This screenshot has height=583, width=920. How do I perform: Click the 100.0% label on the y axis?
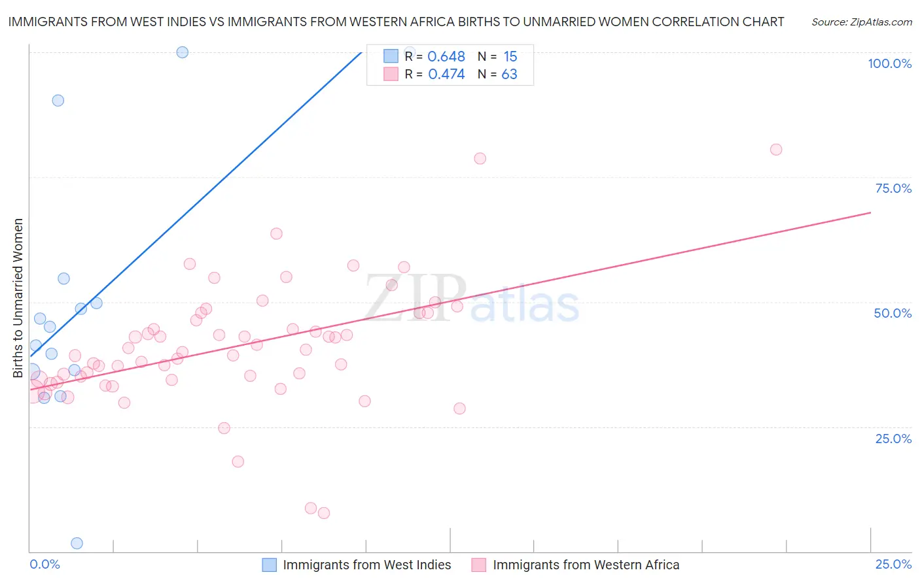click(889, 63)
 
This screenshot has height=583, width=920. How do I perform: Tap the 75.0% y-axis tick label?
click(893, 188)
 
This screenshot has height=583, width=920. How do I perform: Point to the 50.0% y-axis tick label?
click(893, 313)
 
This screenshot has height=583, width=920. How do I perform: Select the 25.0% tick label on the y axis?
click(893, 439)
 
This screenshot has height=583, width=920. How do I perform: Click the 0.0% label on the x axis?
click(44, 564)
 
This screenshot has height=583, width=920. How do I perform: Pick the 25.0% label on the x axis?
click(893, 564)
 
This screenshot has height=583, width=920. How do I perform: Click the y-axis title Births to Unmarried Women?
click(18, 298)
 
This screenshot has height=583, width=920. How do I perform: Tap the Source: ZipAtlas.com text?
click(861, 22)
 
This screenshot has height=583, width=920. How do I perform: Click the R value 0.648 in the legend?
click(446, 57)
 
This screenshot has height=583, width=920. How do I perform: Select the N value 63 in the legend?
click(509, 75)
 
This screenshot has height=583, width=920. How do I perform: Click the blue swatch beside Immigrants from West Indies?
click(269, 565)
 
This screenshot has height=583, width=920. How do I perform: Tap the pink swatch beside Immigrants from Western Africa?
click(479, 565)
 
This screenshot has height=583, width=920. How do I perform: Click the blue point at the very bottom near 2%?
click(77, 543)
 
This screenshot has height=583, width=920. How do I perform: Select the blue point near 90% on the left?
click(58, 101)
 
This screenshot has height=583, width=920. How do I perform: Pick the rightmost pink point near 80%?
click(776, 150)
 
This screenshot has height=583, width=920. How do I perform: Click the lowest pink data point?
click(323, 513)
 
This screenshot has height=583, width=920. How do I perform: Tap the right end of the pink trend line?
click(870, 212)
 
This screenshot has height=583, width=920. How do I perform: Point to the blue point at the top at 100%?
click(183, 52)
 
